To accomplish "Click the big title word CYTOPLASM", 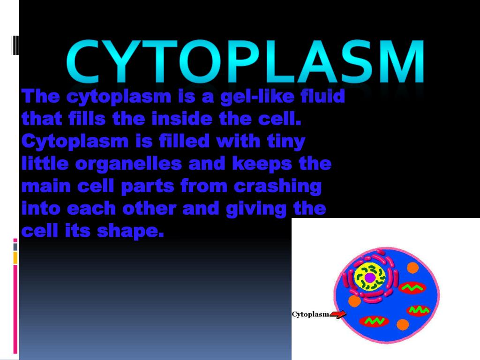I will pyautogui.click(x=245, y=62).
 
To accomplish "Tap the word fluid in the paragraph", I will pyautogui.click(x=322, y=97).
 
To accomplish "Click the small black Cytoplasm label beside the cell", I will pyautogui.click(x=310, y=315).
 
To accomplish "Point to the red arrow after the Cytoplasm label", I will pyautogui.click(x=338, y=315).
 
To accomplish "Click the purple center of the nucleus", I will pyautogui.click(x=370, y=277).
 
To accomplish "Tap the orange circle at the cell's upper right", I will pyautogui.click(x=412, y=268).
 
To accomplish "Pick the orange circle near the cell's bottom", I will pyautogui.click(x=403, y=324).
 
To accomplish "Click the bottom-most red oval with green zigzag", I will pyautogui.click(x=374, y=322).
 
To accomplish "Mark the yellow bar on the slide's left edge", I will pyautogui.click(x=15, y=257).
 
